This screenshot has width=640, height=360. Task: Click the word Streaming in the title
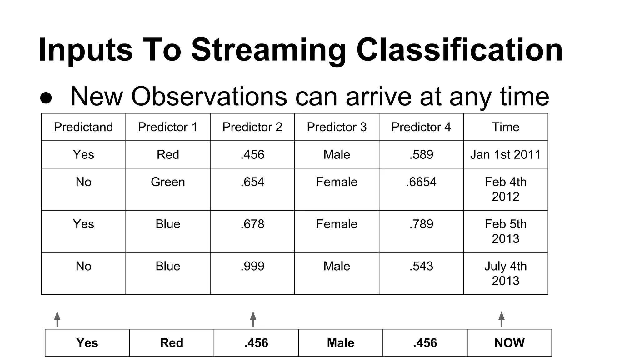[x=269, y=50]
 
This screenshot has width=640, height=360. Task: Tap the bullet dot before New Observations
[x=46, y=98]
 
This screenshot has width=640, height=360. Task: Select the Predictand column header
[x=83, y=127]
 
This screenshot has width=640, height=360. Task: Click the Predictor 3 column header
[x=337, y=127]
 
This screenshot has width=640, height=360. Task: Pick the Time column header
[x=505, y=127]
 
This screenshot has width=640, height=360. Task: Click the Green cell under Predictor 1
[x=168, y=182]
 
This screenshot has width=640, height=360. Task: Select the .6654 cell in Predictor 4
[x=421, y=182]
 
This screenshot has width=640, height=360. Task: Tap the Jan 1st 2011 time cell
[x=505, y=154]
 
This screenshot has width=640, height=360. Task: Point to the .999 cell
[x=252, y=266]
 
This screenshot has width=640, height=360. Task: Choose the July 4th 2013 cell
[x=505, y=273]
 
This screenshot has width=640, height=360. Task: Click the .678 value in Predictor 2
[x=252, y=224]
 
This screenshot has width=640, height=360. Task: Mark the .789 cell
[x=421, y=224]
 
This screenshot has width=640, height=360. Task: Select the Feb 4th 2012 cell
[x=505, y=189]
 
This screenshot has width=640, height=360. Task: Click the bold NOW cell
[x=509, y=343]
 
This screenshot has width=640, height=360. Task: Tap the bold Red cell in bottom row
[x=172, y=343]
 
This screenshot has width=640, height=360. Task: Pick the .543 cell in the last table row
[x=421, y=266]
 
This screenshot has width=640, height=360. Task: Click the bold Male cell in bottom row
[x=340, y=343]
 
